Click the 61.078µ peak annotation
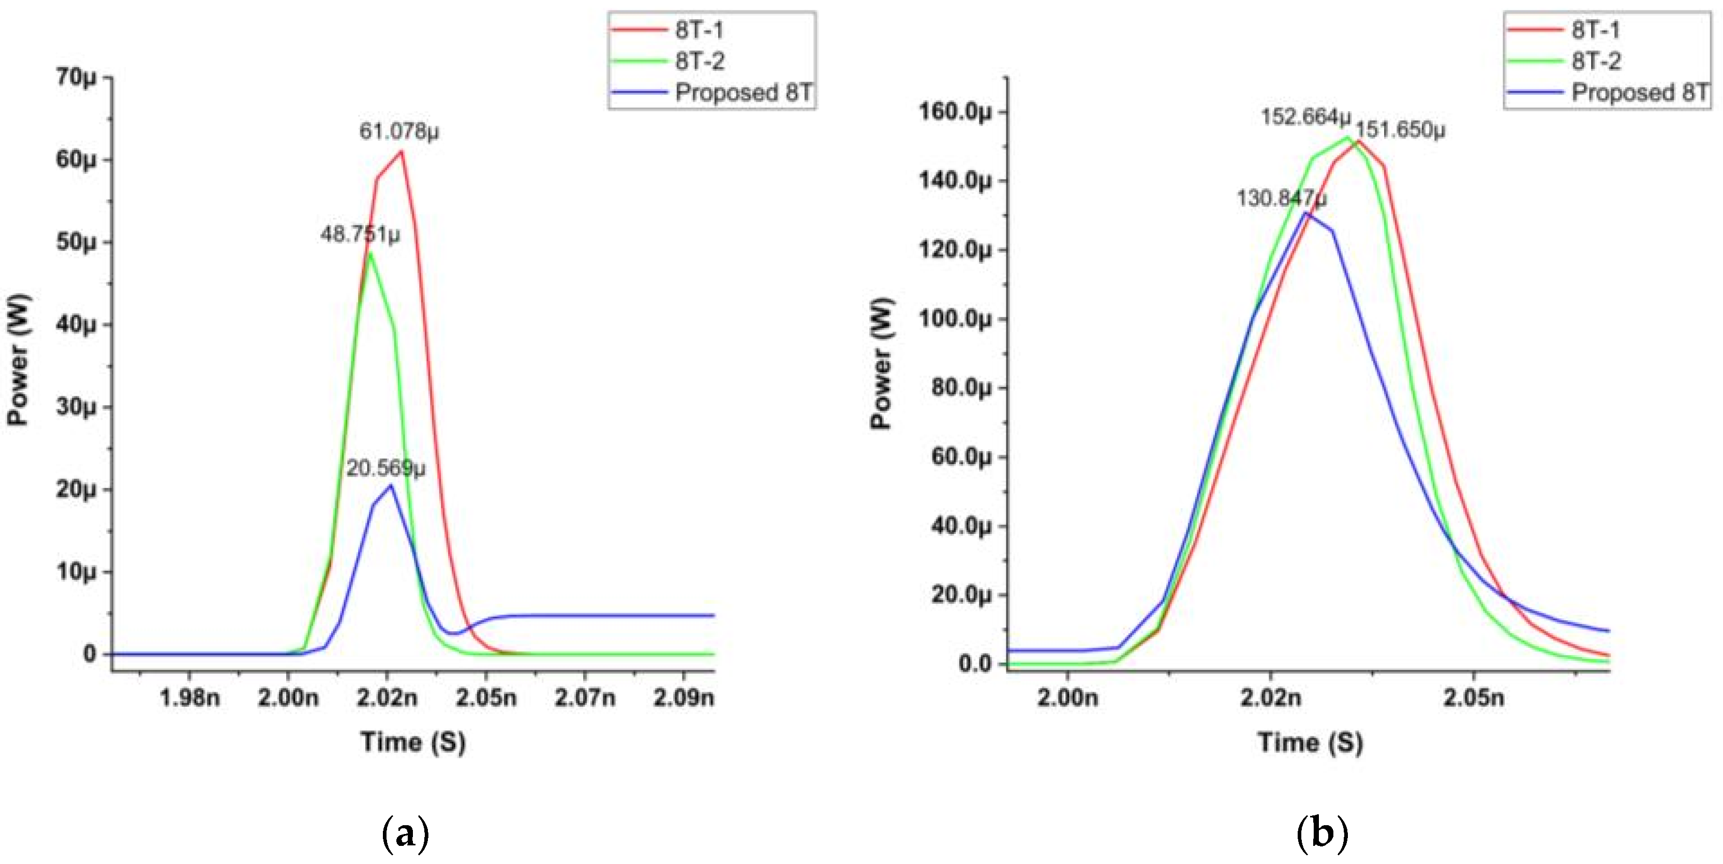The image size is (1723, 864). [399, 130]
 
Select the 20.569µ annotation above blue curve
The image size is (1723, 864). [385, 468]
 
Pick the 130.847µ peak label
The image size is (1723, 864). [1281, 198]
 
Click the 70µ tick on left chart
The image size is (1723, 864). [76, 77]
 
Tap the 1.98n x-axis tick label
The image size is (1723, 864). [189, 698]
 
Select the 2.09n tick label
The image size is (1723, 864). [683, 698]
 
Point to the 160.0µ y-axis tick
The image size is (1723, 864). [955, 112]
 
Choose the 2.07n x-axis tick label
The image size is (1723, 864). [585, 698]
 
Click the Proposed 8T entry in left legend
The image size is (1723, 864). [742, 92]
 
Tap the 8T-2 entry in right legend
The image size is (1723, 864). [1596, 62]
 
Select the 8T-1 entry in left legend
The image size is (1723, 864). [699, 30]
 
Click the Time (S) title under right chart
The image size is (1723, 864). [1310, 742]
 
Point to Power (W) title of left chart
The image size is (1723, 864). [18, 359]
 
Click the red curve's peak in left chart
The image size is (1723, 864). [402, 151]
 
